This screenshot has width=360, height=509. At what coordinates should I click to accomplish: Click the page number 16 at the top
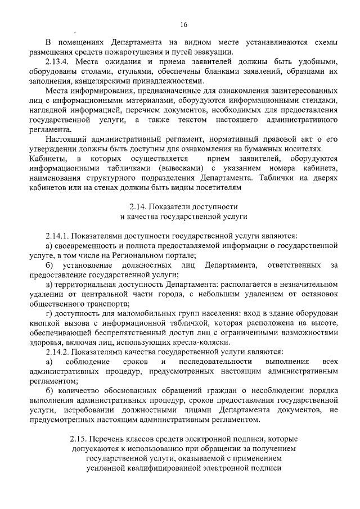pyautogui.click(x=183, y=24)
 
